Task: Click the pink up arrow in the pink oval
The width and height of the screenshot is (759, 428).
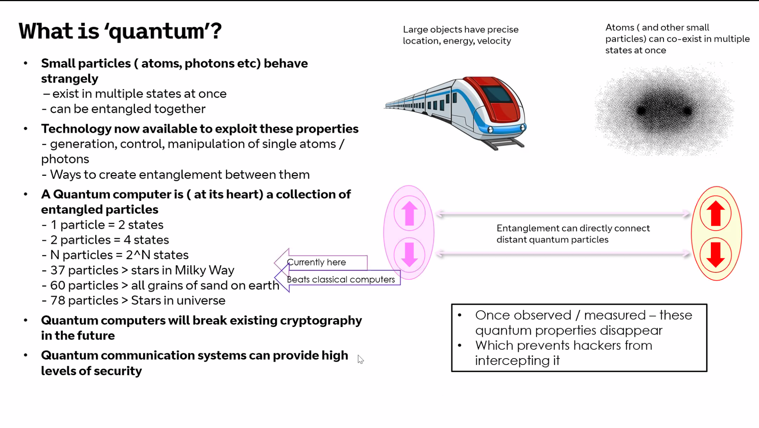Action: click(x=409, y=213)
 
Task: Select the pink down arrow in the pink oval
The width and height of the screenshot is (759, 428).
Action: click(x=409, y=254)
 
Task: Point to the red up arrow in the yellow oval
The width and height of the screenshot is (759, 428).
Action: click(x=716, y=213)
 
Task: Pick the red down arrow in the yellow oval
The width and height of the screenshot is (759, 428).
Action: click(x=716, y=254)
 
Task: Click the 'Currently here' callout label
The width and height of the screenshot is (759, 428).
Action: click(x=317, y=262)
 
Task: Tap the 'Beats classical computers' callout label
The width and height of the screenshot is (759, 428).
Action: click(x=341, y=280)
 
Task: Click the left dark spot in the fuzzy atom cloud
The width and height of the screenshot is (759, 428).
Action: click(x=641, y=111)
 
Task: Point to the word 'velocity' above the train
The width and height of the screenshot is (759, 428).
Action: click(x=494, y=41)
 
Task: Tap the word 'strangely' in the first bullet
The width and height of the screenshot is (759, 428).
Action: click(x=69, y=79)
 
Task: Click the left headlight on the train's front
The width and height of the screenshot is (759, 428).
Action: click(x=490, y=130)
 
